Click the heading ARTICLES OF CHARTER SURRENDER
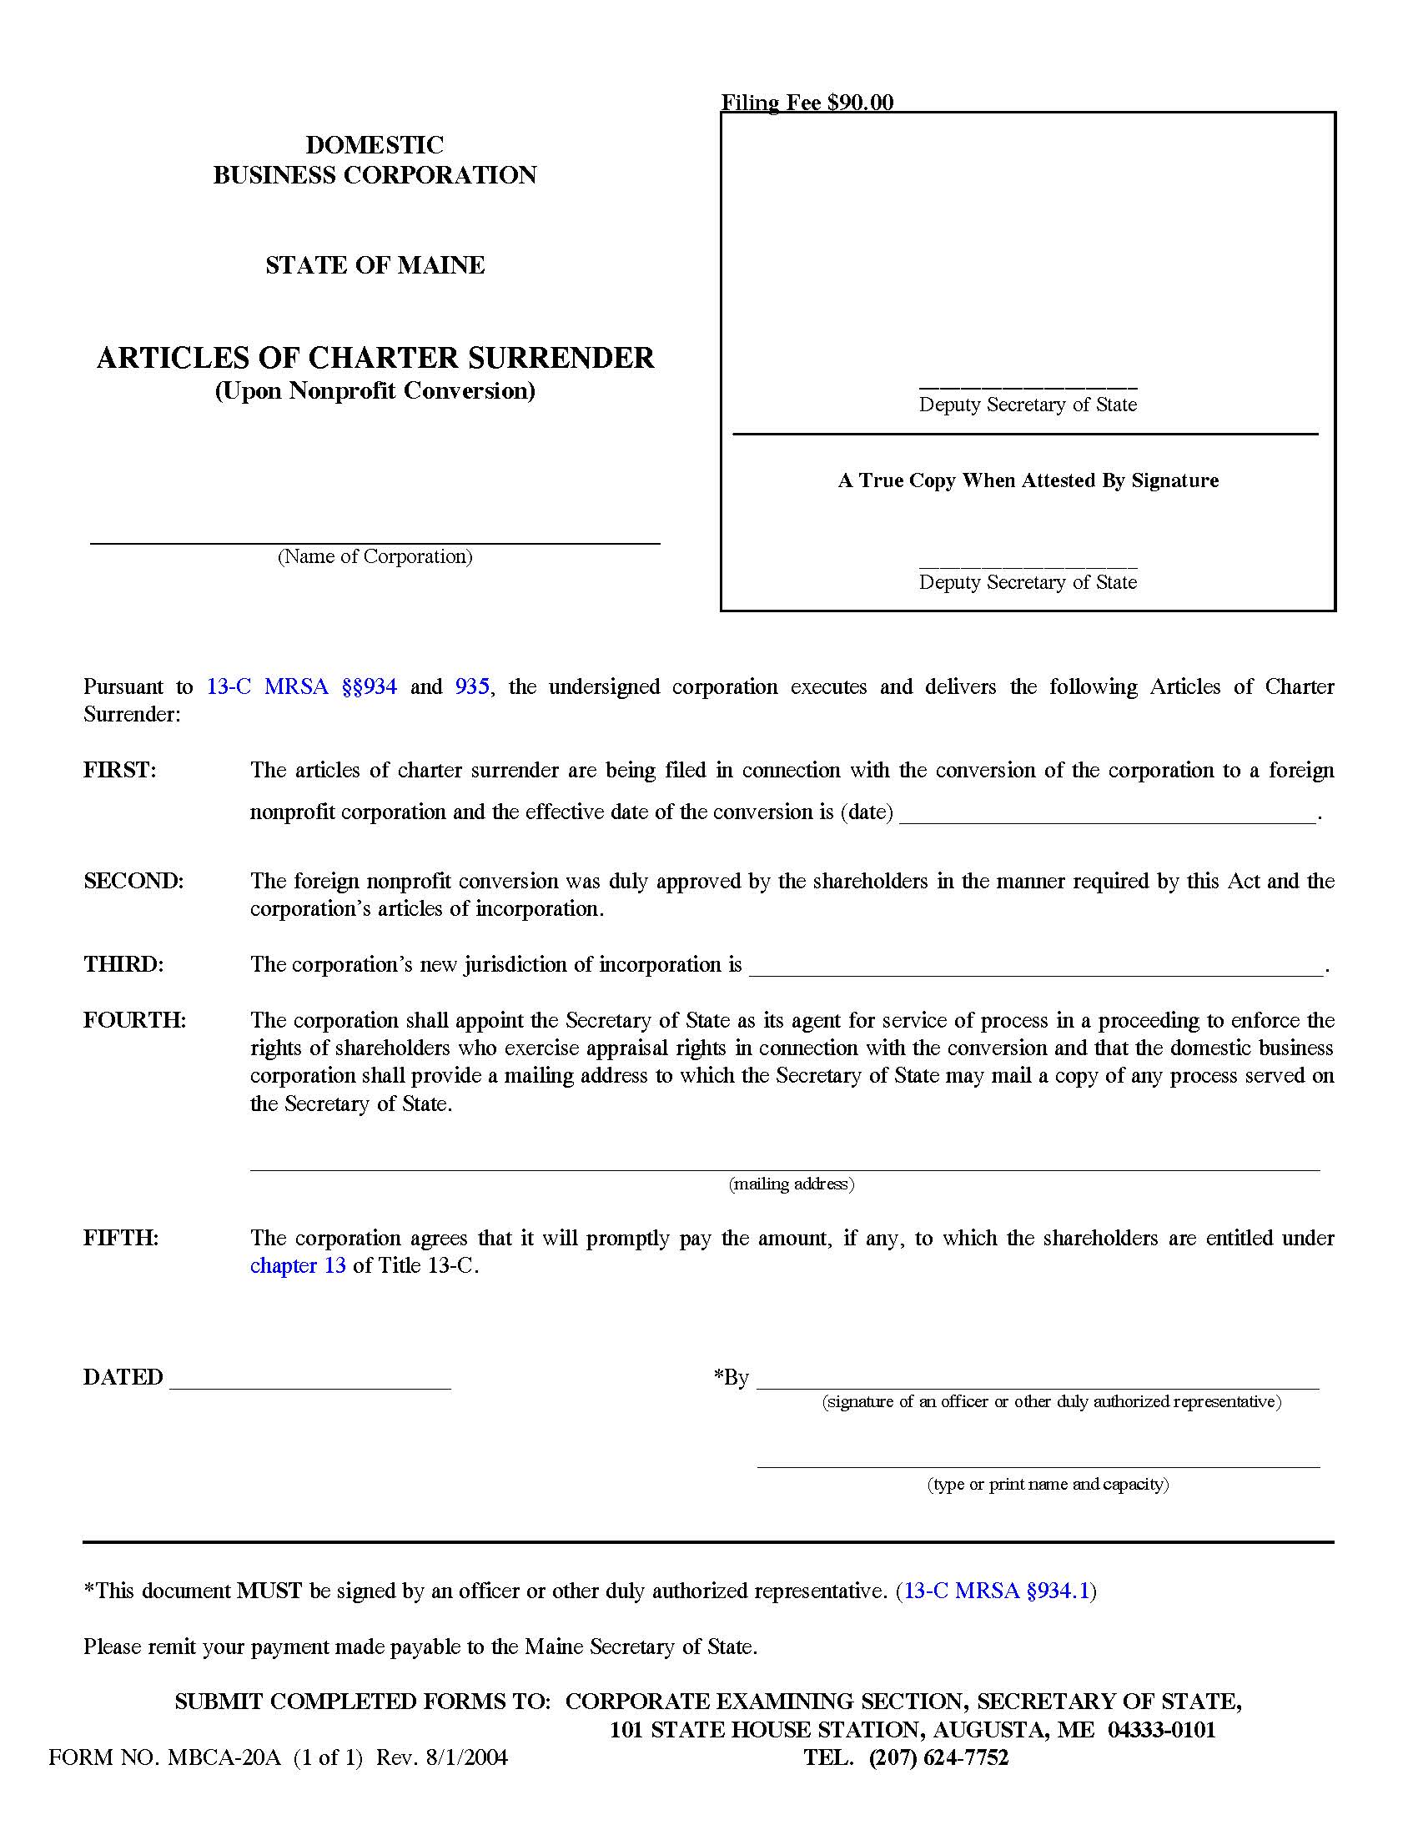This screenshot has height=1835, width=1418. (x=375, y=358)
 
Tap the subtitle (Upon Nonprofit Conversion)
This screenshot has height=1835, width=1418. (x=375, y=390)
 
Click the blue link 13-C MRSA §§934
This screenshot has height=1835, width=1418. (x=302, y=686)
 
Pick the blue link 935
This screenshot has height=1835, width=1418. (x=472, y=686)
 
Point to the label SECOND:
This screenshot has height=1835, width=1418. (x=133, y=881)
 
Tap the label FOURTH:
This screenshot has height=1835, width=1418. (x=134, y=1020)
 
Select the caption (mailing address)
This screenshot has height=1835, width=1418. (x=792, y=1184)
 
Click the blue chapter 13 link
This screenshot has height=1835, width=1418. (x=298, y=1265)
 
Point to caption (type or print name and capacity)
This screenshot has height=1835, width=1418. (x=1048, y=1484)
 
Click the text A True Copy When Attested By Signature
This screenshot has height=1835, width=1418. (x=1028, y=480)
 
